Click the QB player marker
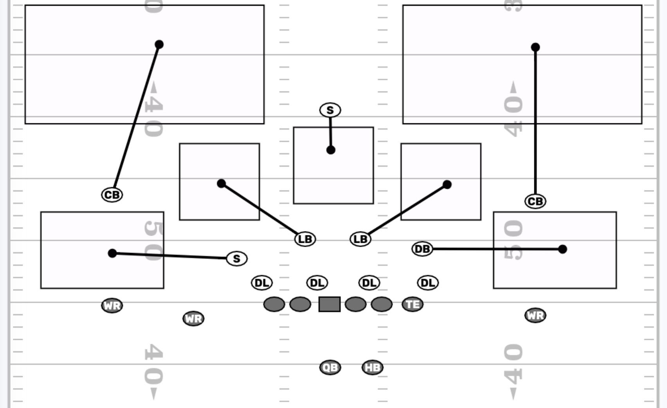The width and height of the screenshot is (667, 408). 330,367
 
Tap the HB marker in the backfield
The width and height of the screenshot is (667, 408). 372,367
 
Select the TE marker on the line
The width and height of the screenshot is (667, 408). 413,304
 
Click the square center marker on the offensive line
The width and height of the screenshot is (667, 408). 330,304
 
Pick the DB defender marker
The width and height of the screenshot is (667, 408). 422,249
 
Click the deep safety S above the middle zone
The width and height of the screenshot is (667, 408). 330,110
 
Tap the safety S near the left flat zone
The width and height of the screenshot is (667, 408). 236,258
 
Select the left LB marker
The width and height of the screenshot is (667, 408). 305,239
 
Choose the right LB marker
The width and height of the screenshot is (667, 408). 360,239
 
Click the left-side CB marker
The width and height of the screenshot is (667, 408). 112,195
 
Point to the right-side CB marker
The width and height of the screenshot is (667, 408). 535,201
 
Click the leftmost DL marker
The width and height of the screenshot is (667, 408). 261,283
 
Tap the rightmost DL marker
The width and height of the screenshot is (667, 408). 428,283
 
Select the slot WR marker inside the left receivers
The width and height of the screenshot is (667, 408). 193,318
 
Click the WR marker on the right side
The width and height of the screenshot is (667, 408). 535,315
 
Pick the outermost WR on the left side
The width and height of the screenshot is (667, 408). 112,305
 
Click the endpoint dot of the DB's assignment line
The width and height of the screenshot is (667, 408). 562,249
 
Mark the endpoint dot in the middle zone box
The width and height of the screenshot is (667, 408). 331,150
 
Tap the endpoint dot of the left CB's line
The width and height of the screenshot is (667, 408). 159,45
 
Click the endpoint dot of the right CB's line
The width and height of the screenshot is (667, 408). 535,47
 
